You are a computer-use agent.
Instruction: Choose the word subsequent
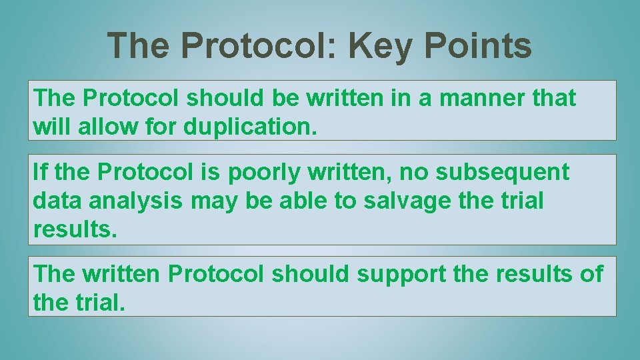click(x=503, y=172)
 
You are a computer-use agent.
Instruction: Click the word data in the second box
click(x=55, y=200)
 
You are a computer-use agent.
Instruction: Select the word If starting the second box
click(x=39, y=172)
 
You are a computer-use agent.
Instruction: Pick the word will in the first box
click(x=52, y=126)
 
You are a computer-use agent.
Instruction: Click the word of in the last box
click(x=591, y=273)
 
